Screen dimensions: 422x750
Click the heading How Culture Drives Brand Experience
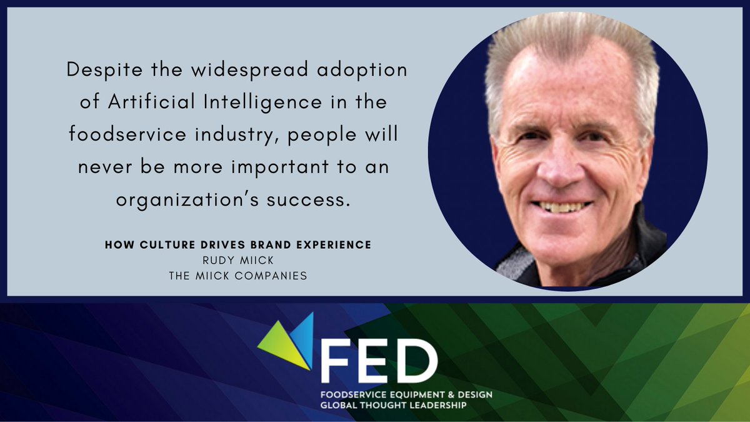pyautogui.click(x=237, y=245)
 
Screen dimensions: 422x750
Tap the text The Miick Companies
pyautogui.click(x=237, y=274)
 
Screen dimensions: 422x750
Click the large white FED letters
pyautogui.click(x=378, y=363)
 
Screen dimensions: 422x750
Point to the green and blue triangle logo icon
pyautogui.click(x=287, y=341)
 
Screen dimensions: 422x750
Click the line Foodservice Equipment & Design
pyautogui.click(x=406, y=394)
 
